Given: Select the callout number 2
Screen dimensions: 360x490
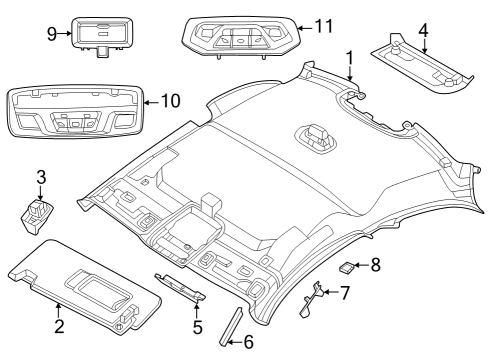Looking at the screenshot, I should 59,325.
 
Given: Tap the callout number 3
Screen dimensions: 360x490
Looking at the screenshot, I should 41,177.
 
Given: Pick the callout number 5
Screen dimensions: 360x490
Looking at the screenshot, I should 197,326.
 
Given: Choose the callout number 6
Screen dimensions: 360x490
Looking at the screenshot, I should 249,343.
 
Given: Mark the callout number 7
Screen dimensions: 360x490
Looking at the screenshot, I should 345,293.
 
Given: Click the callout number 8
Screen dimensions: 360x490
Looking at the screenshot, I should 375,265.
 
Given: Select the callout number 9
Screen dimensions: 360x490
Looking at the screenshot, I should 51,33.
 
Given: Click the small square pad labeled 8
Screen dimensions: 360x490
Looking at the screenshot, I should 347,267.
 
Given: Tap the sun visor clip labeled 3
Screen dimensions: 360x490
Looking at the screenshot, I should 39,215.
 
